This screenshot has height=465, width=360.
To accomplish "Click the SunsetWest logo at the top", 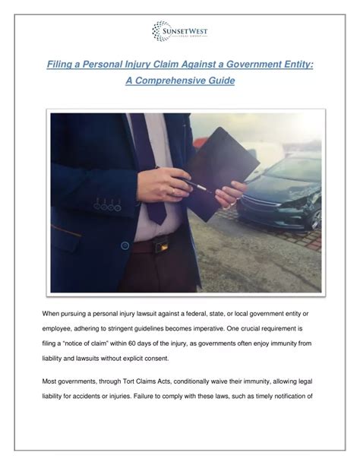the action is [x=179, y=31].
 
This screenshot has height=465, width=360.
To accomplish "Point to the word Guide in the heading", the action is [x=220, y=81].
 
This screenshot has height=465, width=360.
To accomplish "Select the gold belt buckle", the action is [x=159, y=245].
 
